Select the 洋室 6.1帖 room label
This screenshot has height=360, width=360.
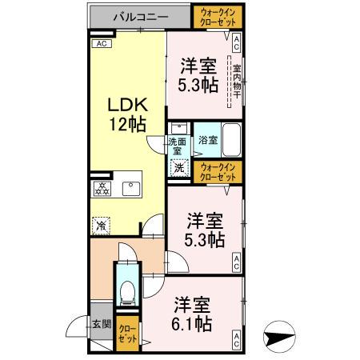tap(193, 314)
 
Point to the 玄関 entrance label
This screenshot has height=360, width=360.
tap(100, 324)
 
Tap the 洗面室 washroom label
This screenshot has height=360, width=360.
tap(177, 146)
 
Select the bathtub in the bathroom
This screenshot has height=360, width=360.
tap(230, 140)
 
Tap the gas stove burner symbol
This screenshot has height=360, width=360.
tap(102, 189)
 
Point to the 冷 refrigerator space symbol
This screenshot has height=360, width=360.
tap(102, 226)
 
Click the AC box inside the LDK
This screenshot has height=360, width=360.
tap(101, 44)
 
